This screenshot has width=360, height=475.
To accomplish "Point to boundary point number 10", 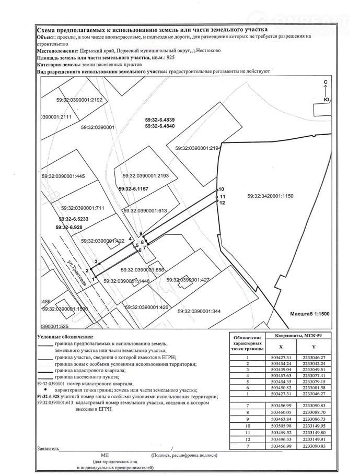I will pos(221,189).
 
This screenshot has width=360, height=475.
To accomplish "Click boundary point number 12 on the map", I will pos(222,203).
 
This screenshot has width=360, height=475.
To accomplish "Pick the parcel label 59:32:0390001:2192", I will pos(81,99).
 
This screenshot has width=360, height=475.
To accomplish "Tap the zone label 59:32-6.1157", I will pos(134,188).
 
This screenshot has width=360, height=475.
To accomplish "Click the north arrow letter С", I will pos(326,83).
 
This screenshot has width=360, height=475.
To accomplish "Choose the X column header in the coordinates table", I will pos(281,346).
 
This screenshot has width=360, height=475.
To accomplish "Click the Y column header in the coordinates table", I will pos(313,346).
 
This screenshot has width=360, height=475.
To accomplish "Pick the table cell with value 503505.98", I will pos(281,425).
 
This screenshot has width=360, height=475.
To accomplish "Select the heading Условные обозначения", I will pos(65,337).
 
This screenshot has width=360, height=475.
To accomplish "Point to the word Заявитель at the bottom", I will pos(48,448).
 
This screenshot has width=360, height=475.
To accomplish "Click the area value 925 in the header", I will pos(170,57).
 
